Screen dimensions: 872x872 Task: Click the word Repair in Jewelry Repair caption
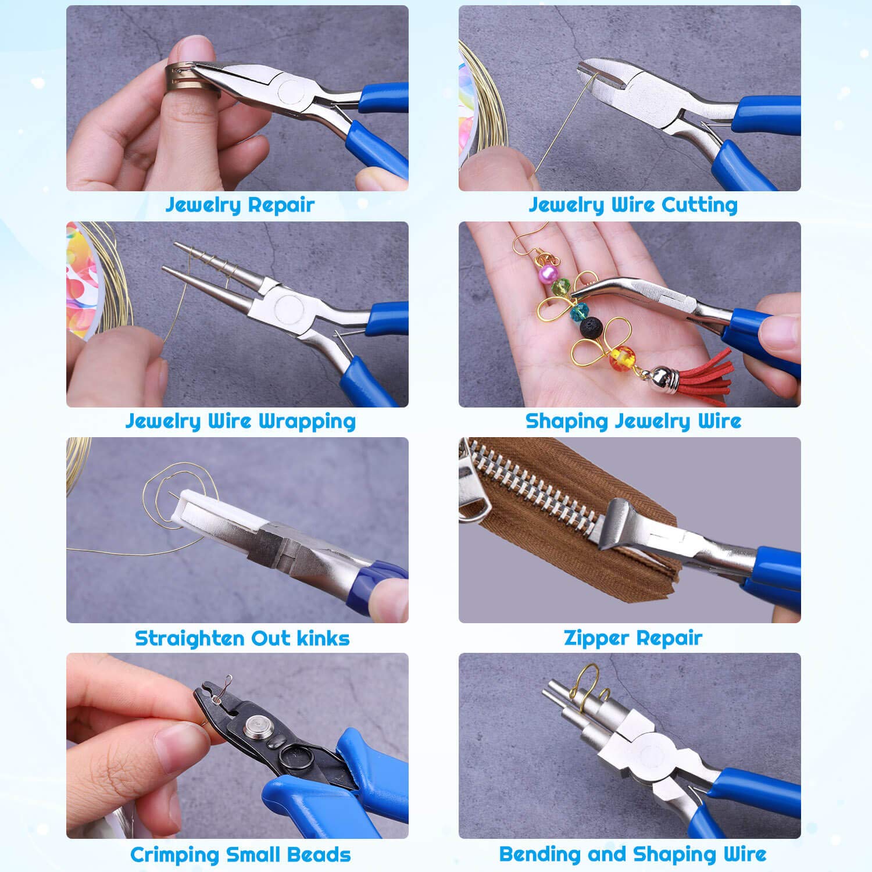coord(281,205)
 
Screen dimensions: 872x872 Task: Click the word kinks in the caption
coord(323,638)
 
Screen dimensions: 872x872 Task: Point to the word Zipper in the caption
coord(595,638)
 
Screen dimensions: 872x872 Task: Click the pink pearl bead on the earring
coord(547,272)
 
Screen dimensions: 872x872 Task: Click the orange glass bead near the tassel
coord(620,355)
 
